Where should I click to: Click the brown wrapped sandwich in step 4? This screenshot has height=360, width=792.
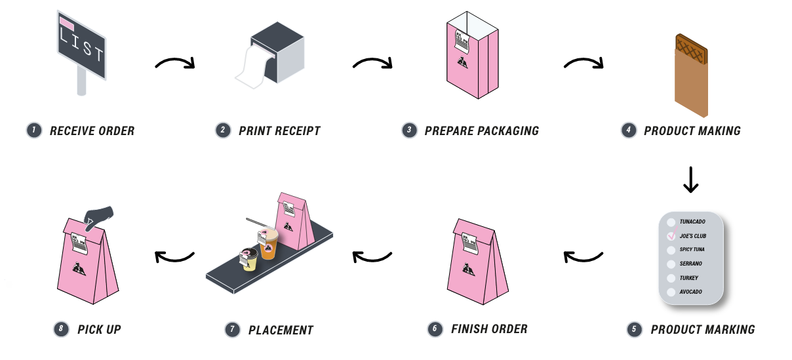[691, 75]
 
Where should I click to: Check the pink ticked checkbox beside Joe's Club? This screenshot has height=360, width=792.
[671, 236]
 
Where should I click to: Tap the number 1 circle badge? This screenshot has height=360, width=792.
[32, 130]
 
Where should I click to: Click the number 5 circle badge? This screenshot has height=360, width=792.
[633, 329]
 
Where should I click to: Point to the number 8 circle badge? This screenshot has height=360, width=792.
[60, 329]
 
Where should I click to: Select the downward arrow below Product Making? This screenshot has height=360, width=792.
[690, 179]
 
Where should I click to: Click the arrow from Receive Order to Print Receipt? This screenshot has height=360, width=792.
[175, 64]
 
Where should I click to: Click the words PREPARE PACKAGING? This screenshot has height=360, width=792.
[481, 130]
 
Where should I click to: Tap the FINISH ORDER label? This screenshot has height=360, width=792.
[488, 329]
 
